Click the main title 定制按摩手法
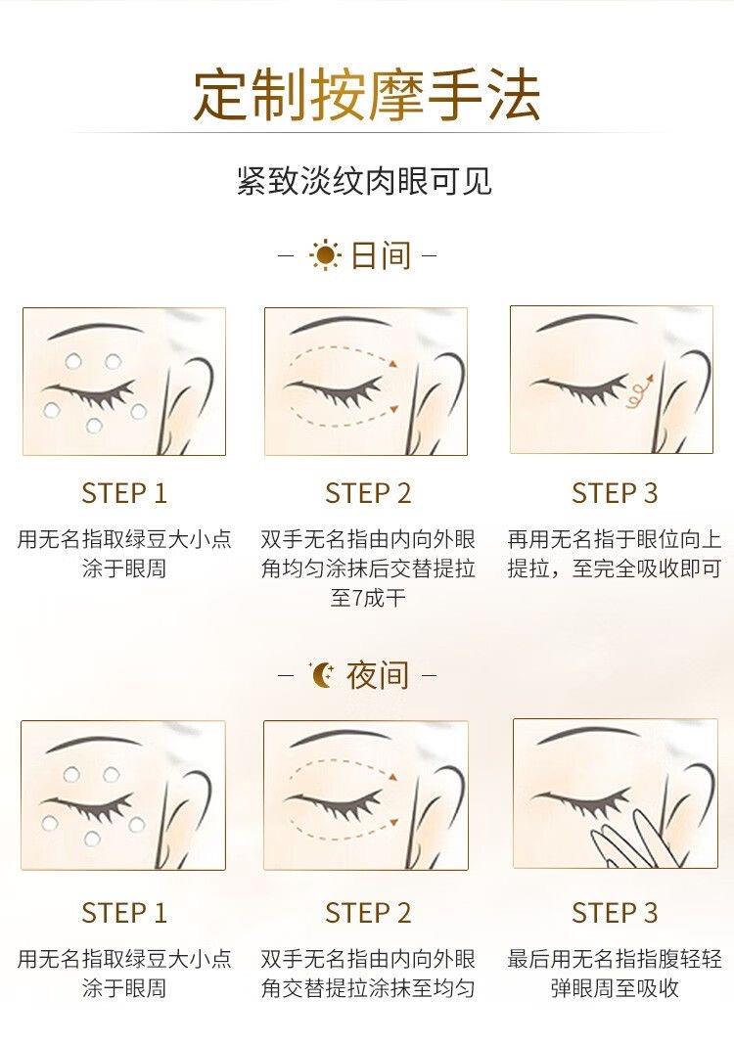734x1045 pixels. click(367, 95)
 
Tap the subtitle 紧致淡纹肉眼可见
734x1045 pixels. click(365, 181)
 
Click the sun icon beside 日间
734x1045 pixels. click(325, 255)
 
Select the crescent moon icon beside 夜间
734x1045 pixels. click(323, 675)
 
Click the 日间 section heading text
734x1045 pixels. click(381, 256)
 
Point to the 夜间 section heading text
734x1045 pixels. click(378, 675)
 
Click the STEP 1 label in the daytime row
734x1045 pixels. click(124, 493)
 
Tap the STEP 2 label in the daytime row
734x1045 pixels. click(368, 493)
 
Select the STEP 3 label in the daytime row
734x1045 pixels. click(615, 493)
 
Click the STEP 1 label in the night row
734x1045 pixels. click(124, 912)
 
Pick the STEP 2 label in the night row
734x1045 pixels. click(368, 912)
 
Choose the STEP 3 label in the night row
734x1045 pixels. click(615, 912)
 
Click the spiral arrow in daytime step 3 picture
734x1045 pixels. click(641, 390)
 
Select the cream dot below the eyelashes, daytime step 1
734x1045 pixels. click(94, 426)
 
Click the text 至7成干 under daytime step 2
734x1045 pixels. click(368, 597)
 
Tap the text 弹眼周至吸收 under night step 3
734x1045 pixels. click(615, 987)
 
